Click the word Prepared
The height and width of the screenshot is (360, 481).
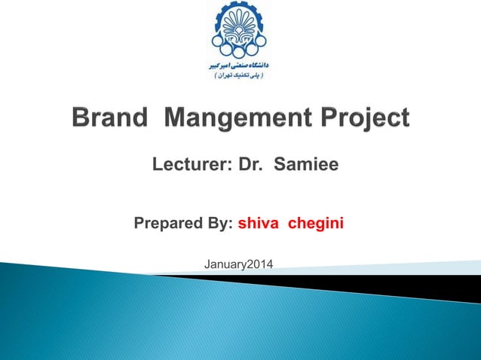(165, 224)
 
